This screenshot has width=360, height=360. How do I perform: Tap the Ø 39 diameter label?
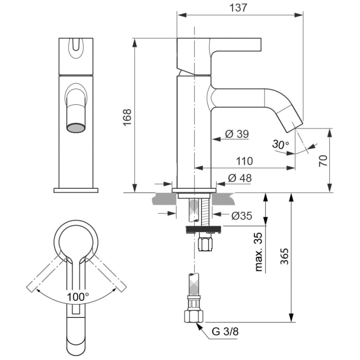[x=237, y=134]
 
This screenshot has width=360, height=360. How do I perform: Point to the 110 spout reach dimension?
[x=244, y=161]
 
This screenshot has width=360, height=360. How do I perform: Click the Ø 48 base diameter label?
[x=239, y=178]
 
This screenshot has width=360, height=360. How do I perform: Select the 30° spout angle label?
[x=280, y=145]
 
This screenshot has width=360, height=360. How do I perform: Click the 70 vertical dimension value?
[x=322, y=160]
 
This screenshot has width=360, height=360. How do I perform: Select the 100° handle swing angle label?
[x=77, y=296]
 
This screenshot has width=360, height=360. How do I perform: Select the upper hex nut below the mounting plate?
[x=205, y=242]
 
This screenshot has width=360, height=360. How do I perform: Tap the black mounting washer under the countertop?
[x=204, y=228]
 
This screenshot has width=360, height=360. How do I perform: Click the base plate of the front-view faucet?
[x=76, y=190]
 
